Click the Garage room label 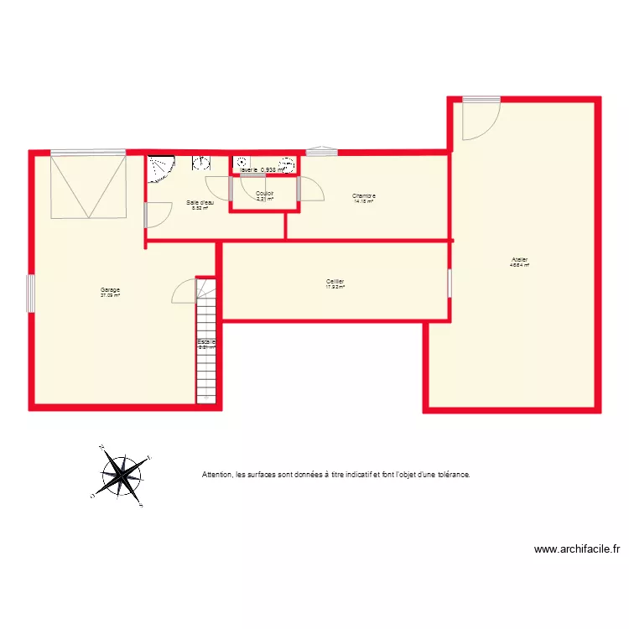(x=110, y=290)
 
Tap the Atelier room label (x=519, y=260)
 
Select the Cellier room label (x=335, y=282)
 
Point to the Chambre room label (x=364, y=196)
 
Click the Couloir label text (x=265, y=194)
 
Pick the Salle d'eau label (x=200, y=203)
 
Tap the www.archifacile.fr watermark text (x=577, y=550)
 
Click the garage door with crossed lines (x=88, y=186)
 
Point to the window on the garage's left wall (x=32, y=294)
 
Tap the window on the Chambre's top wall (x=321, y=152)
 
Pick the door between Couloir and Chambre (x=309, y=190)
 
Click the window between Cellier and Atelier (x=449, y=283)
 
